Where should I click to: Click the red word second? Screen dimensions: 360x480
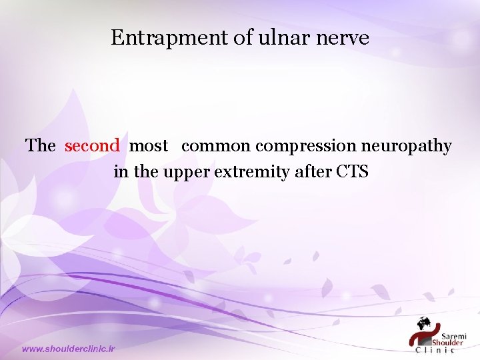pyautogui.click(x=92, y=145)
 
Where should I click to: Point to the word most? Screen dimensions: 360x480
pyautogui.click(x=148, y=145)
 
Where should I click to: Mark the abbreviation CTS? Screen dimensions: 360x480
pyautogui.click(x=353, y=172)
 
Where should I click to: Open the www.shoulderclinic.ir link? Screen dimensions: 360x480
pyautogui.click(x=69, y=349)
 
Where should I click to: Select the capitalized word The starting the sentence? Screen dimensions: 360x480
pyautogui.click(x=41, y=145)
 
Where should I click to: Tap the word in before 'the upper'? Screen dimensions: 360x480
pyautogui.click(x=121, y=172)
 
